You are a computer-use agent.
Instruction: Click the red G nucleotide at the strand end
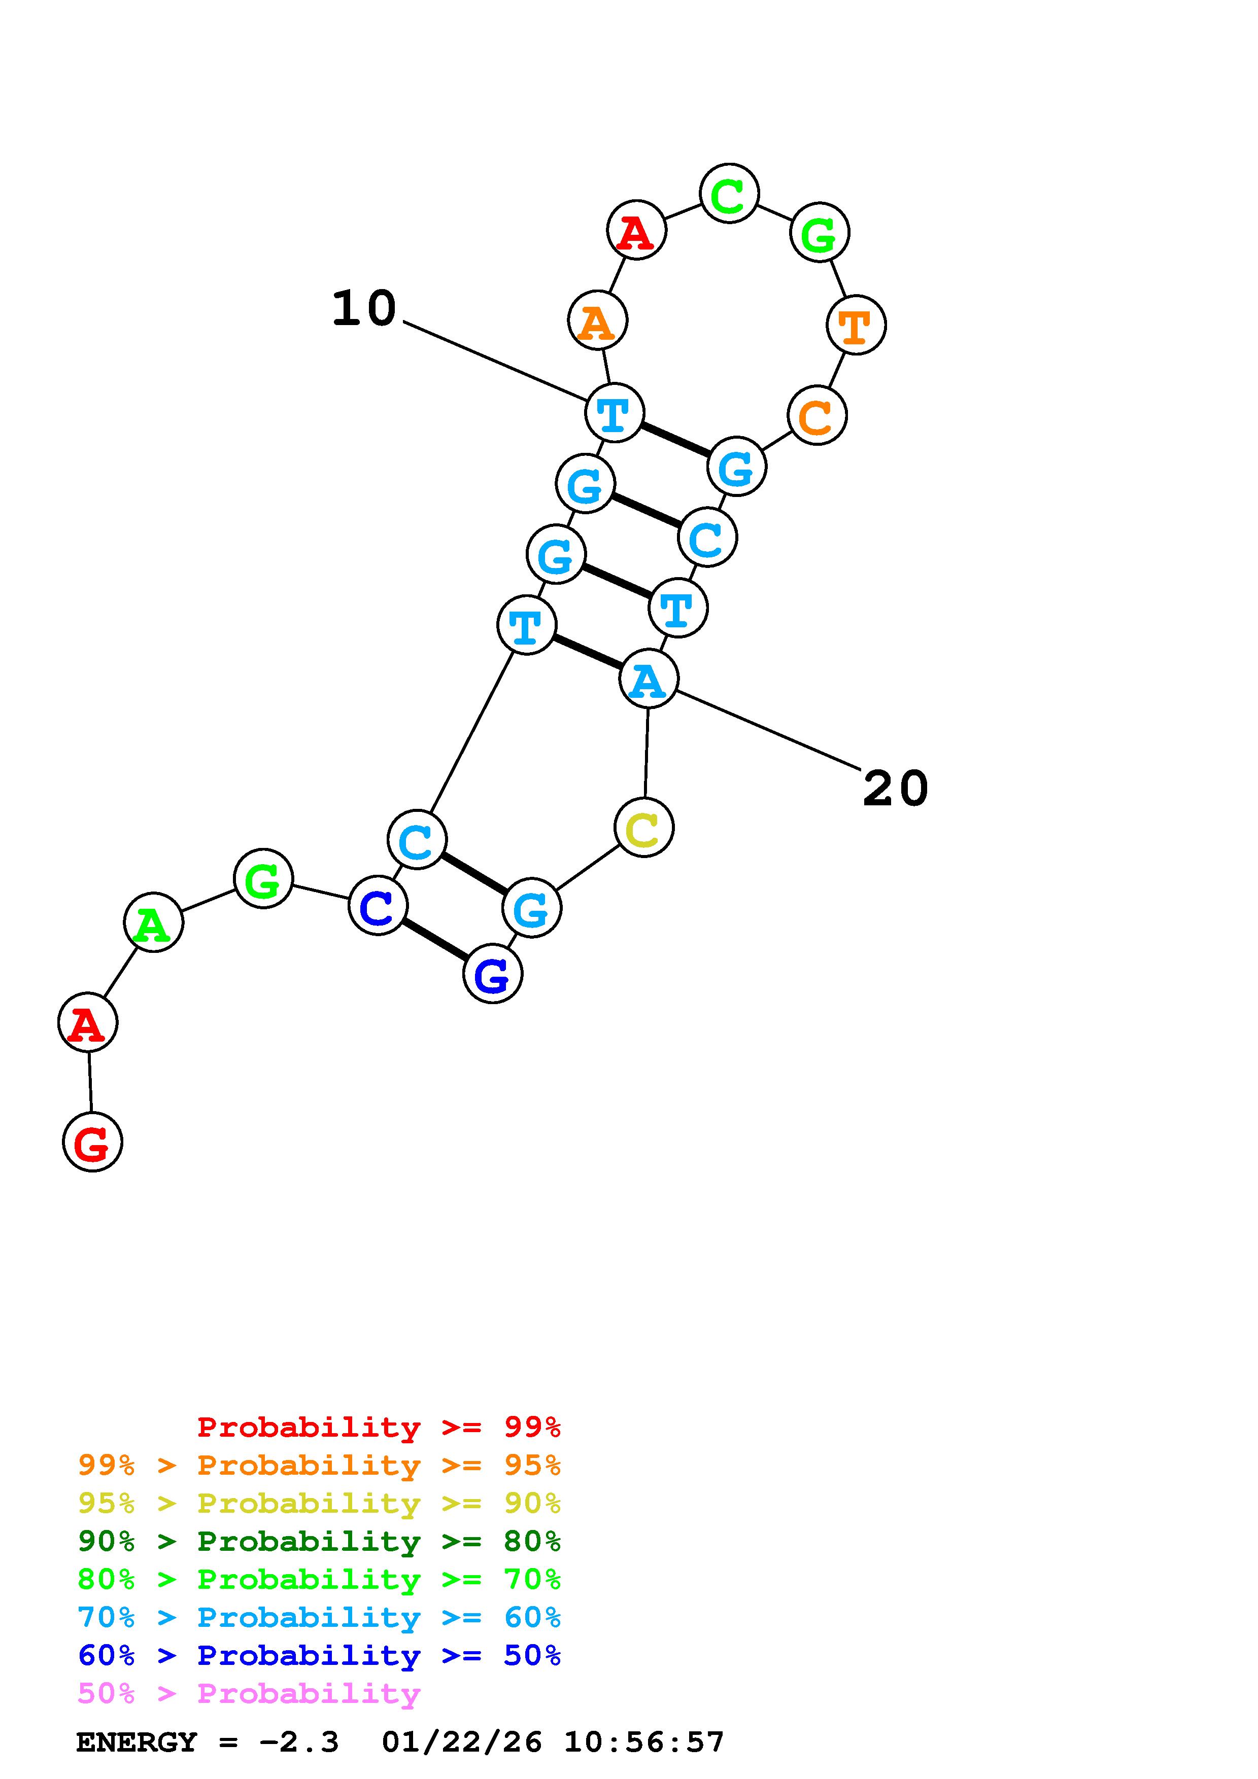[x=92, y=1142]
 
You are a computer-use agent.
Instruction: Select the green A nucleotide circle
[x=153, y=922]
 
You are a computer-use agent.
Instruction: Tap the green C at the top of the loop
[x=729, y=194]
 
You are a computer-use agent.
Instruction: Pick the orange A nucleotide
[x=598, y=320]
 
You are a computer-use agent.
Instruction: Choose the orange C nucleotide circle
[x=817, y=416]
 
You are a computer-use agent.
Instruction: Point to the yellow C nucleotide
[x=643, y=828]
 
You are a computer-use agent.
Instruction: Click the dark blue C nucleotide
[x=378, y=906]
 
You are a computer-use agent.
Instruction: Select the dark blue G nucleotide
[x=492, y=973]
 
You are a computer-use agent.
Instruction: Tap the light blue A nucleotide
[x=649, y=680]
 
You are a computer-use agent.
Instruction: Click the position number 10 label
[x=363, y=308]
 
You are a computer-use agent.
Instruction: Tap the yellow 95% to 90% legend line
[x=319, y=1503]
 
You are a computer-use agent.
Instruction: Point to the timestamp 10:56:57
[x=643, y=1742]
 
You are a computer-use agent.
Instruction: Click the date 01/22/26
[x=462, y=1742]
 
